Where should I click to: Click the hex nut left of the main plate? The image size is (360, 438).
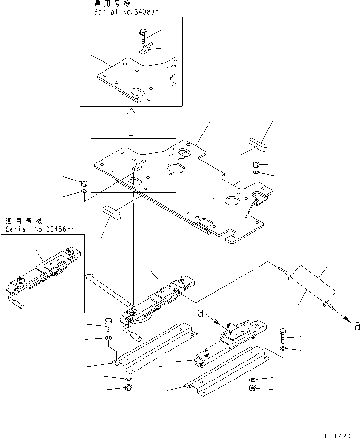[84, 183]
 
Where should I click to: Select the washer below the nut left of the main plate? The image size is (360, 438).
[84, 192]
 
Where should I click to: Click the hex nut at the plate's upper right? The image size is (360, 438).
[256, 164]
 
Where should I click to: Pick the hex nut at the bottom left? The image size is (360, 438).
[128, 388]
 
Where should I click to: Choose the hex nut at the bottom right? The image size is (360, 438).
[252, 389]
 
